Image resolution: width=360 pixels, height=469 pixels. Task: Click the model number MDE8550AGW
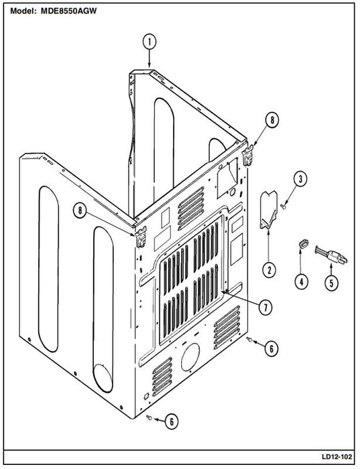pyautogui.click(x=68, y=11)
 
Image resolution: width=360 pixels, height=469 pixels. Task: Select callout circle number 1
pyautogui.click(x=149, y=42)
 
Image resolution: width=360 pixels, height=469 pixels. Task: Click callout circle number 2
pyautogui.click(x=269, y=270)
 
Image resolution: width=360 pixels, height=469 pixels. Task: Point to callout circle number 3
pyautogui.click(x=300, y=179)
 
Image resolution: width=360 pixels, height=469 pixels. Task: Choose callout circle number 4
pyautogui.click(x=302, y=281)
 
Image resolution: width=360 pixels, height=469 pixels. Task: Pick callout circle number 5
pyautogui.click(x=331, y=282)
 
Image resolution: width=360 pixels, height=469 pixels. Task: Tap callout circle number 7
pyautogui.click(x=265, y=307)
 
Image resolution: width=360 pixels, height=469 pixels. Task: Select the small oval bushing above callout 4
pyautogui.click(x=303, y=243)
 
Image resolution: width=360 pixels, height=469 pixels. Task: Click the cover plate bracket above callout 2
pyautogui.click(x=268, y=210)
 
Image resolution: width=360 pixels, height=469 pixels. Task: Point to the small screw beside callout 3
pyautogui.click(x=283, y=206)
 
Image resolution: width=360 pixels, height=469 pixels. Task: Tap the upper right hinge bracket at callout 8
pyautogui.click(x=248, y=155)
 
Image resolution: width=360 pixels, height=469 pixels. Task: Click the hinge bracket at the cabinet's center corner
pyautogui.click(x=141, y=237)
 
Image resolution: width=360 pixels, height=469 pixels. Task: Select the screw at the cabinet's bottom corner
pyautogui.click(x=149, y=417)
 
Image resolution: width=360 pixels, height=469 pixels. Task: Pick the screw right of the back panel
pyautogui.click(x=249, y=339)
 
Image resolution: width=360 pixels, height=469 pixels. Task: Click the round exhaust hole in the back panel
pyautogui.click(x=190, y=357)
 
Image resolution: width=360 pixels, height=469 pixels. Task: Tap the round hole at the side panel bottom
pyautogui.click(x=103, y=378)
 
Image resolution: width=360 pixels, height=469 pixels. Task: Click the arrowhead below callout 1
pyautogui.click(x=149, y=64)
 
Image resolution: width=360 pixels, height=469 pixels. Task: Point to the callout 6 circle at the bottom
pyautogui.click(x=172, y=421)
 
